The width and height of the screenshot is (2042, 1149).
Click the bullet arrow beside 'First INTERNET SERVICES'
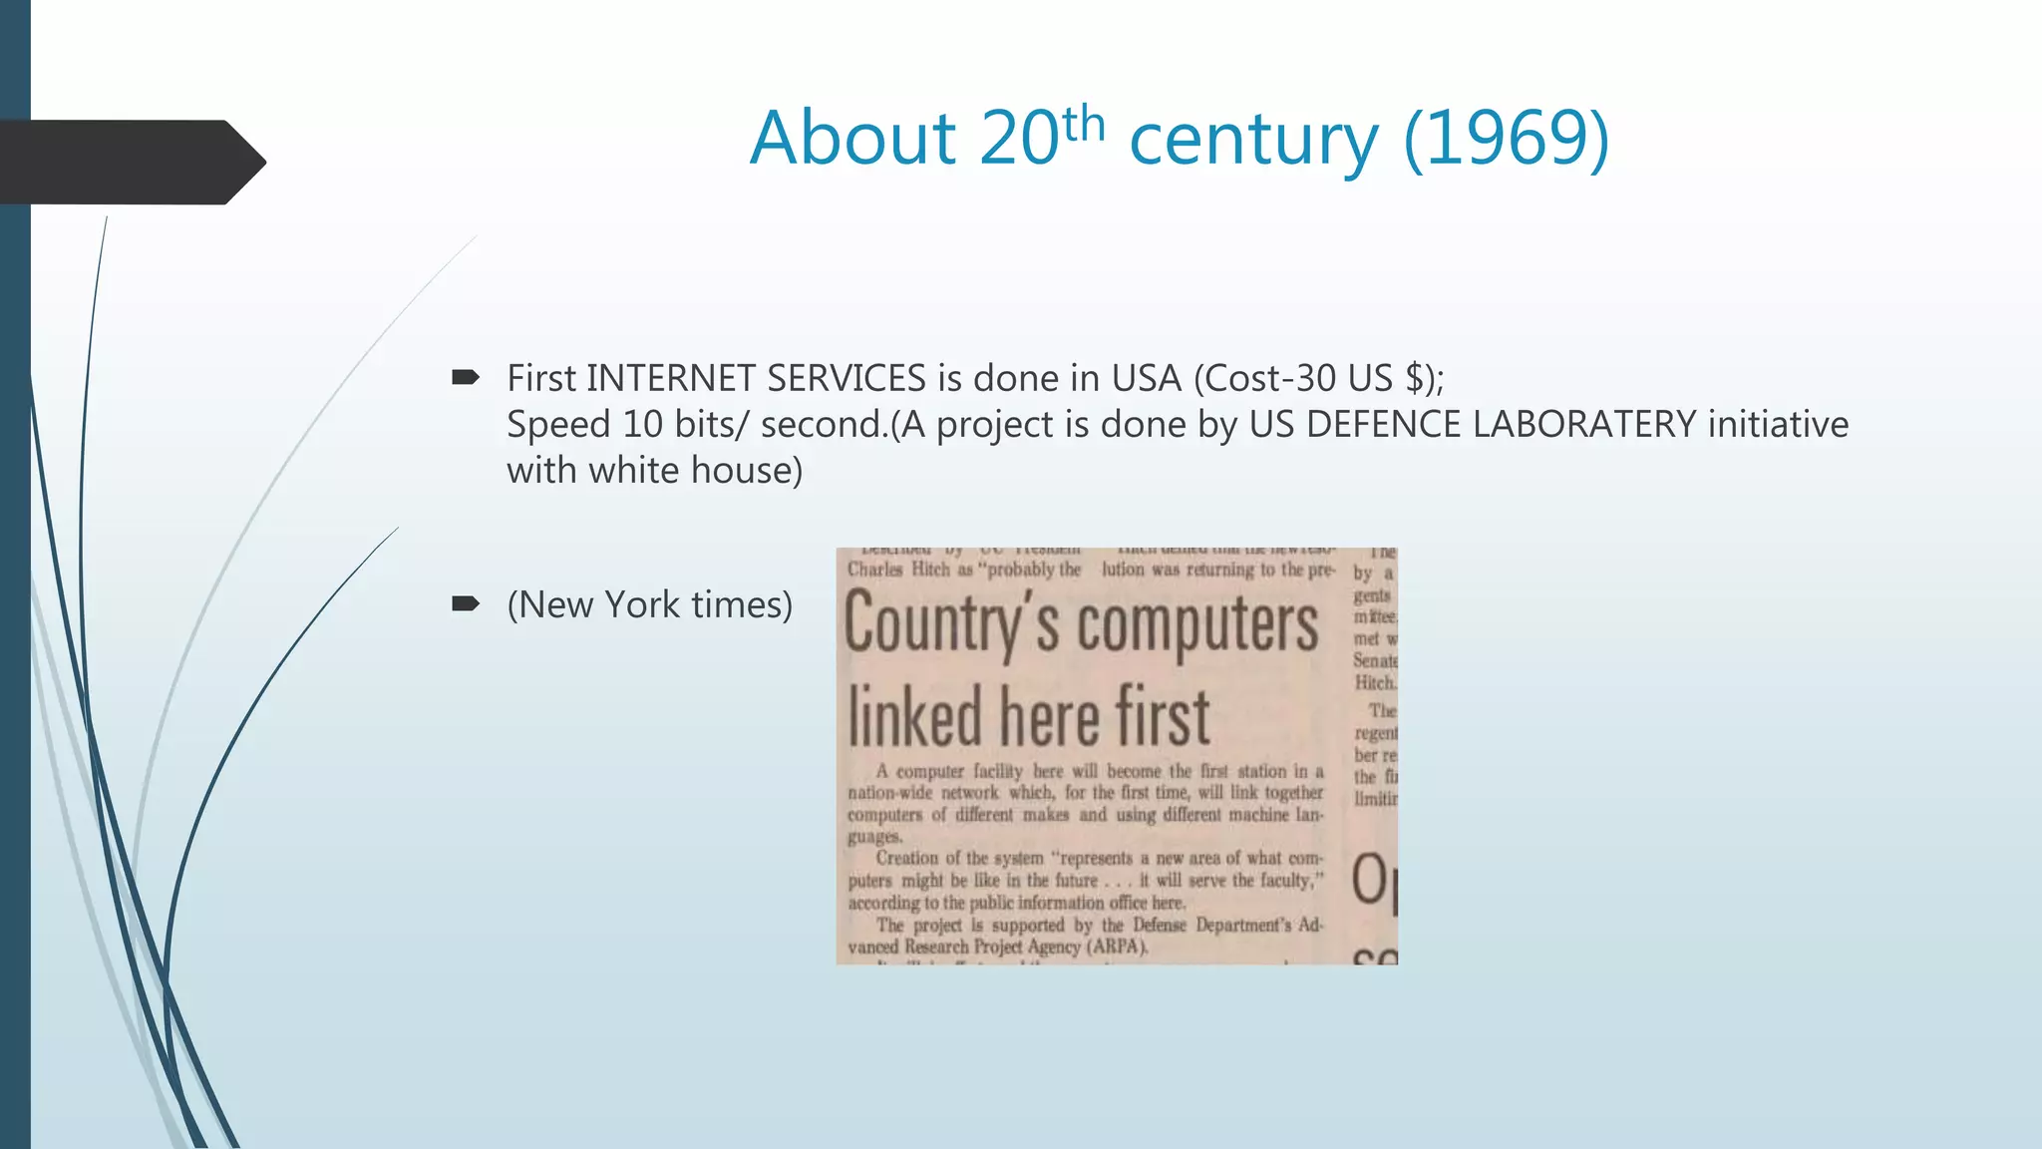[x=466, y=377]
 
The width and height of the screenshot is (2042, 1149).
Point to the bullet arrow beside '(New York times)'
[x=466, y=603]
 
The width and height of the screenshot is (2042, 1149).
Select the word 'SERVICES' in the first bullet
[x=847, y=378]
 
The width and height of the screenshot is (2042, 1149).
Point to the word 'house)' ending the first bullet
[x=747, y=470]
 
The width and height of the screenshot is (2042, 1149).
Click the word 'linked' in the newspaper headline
[x=915, y=716]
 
